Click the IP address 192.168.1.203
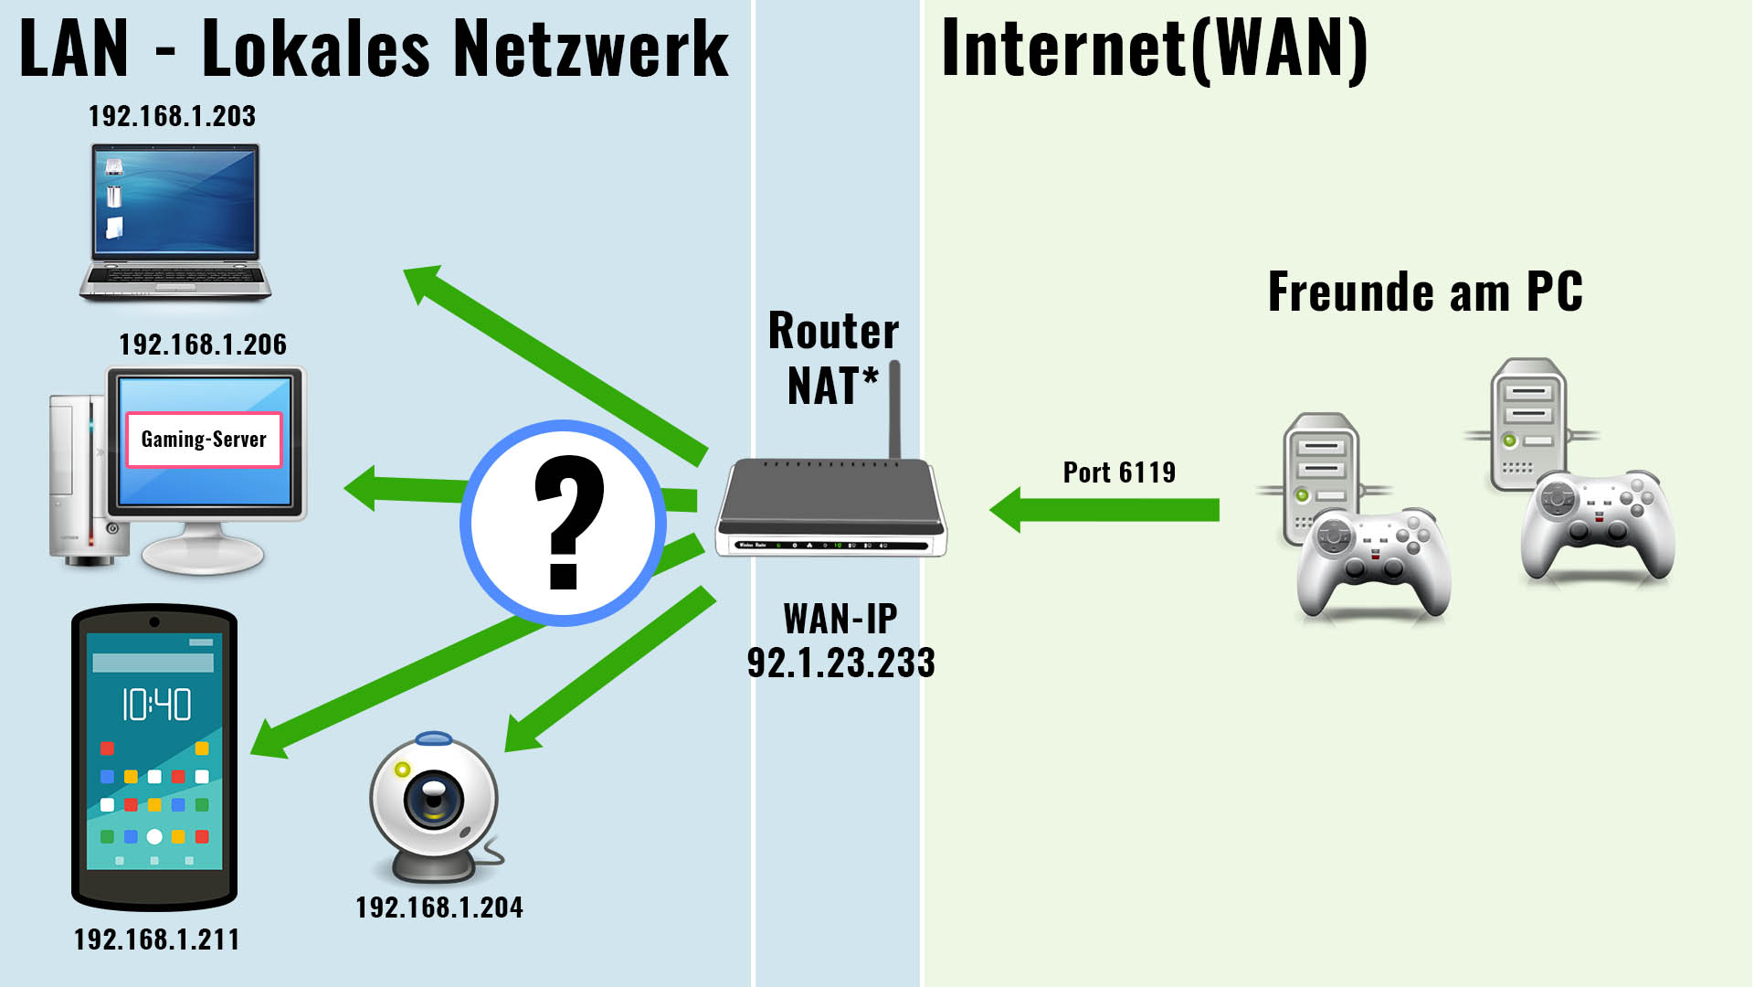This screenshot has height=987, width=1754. tap(172, 116)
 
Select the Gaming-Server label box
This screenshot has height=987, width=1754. tap(204, 440)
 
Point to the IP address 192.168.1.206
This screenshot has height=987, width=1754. tap(203, 345)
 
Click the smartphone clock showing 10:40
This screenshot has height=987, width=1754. tap(156, 705)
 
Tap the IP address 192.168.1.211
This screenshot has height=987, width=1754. tap(156, 939)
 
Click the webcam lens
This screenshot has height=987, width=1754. tap(432, 796)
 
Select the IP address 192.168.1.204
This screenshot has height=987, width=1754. tap(439, 907)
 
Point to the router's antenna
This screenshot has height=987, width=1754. tap(895, 409)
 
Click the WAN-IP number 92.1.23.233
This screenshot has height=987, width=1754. tap(841, 663)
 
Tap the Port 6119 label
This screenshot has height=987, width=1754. tap(1119, 472)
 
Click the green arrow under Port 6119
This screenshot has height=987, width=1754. tap(1104, 510)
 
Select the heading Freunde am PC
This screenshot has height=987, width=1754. tap(1425, 292)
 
